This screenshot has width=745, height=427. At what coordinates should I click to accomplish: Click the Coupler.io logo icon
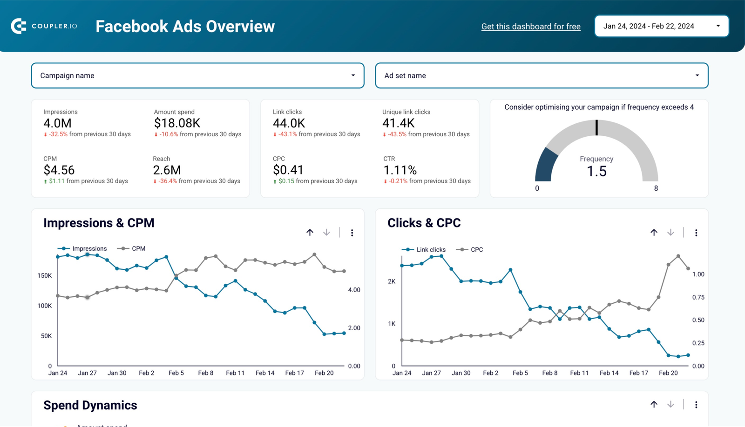(19, 26)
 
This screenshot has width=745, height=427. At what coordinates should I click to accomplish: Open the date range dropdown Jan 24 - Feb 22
(661, 26)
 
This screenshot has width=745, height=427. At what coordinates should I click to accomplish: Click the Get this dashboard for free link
(531, 27)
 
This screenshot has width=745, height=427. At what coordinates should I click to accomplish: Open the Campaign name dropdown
(197, 75)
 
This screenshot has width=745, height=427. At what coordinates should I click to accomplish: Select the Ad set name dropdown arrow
(697, 75)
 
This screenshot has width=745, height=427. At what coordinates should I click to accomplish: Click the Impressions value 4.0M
(57, 123)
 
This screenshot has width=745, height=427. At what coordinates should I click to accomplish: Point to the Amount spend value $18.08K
(177, 123)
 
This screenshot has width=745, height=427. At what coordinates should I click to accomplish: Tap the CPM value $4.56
(59, 170)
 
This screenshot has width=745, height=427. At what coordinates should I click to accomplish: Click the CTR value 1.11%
(400, 170)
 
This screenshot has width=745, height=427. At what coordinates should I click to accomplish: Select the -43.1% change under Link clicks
(287, 134)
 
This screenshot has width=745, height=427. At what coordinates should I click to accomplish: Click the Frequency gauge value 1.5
(596, 172)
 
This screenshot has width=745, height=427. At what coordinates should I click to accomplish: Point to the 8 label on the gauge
(656, 188)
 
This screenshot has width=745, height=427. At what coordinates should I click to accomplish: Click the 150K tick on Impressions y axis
(45, 275)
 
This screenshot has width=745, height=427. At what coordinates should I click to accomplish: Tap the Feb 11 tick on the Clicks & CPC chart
(579, 373)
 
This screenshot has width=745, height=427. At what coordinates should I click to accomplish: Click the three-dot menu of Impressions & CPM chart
(352, 233)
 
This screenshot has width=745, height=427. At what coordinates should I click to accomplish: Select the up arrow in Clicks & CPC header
(654, 233)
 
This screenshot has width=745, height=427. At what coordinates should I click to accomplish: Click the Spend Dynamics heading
(90, 405)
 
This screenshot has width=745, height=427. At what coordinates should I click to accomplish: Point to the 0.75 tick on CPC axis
(698, 297)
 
